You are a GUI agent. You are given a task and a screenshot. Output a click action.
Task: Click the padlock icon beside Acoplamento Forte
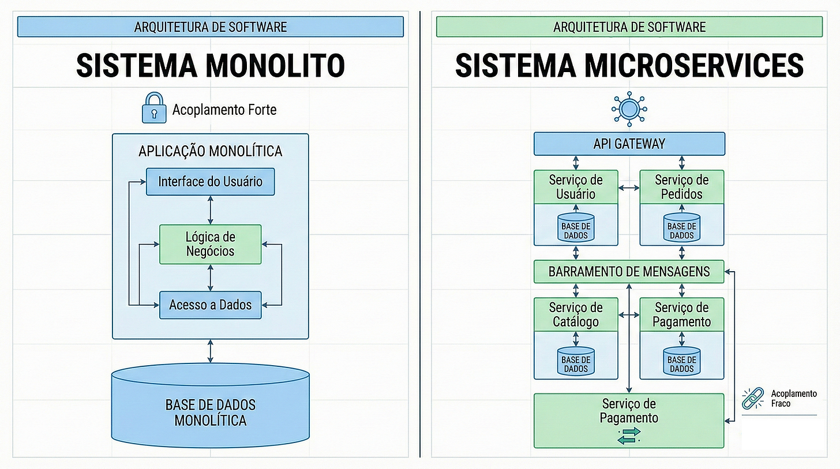click(x=154, y=108)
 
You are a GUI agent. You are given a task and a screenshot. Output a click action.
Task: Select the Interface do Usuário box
click(x=210, y=182)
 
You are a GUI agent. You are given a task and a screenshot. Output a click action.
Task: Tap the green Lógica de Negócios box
click(x=210, y=244)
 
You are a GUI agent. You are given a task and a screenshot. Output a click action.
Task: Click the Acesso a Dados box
click(x=210, y=305)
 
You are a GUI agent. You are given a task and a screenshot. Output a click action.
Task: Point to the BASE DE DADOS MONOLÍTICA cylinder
click(x=210, y=410)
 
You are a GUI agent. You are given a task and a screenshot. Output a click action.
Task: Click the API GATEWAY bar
click(x=629, y=144)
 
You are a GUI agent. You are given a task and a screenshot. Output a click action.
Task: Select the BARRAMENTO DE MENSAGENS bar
click(x=629, y=271)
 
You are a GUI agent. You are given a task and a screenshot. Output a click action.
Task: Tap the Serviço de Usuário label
click(x=576, y=187)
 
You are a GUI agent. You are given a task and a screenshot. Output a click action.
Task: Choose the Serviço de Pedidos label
click(x=681, y=187)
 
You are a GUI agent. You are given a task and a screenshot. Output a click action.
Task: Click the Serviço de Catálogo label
click(x=576, y=315)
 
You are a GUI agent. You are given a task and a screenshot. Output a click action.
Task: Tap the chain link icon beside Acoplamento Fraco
click(x=753, y=398)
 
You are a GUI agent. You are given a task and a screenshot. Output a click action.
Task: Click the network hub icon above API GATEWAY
click(x=629, y=108)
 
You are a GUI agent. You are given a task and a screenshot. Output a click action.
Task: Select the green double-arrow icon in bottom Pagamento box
click(x=629, y=436)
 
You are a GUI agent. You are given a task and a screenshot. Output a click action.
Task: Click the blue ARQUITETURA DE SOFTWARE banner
click(x=210, y=27)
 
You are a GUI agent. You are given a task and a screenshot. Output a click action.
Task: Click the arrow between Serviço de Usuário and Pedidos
click(x=629, y=187)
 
